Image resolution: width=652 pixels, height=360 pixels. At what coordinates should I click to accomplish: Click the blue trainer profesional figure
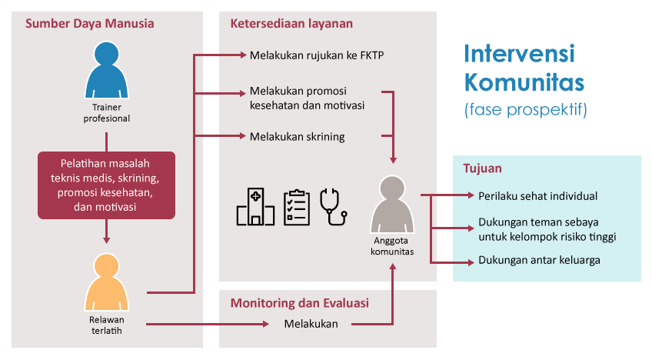(106, 70)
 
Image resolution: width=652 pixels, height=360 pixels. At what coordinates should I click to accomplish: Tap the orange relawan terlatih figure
(106, 282)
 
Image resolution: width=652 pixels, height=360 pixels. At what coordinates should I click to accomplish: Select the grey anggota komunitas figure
(392, 204)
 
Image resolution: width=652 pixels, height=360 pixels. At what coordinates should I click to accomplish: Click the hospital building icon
(255, 206)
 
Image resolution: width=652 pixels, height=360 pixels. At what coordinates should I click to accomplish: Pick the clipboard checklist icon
(297, 207)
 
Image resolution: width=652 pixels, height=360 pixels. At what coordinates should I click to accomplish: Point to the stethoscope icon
(333, 207)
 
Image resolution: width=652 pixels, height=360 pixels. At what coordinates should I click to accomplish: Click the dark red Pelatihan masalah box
(106, 185)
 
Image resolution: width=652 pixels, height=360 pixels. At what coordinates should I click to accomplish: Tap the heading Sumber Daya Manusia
(90, 23)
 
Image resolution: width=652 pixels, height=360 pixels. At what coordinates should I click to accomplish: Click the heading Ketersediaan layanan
(291, 23)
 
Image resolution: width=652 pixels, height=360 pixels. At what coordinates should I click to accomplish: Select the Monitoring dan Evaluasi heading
(300, 302)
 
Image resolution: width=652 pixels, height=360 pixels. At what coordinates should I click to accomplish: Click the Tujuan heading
(482, 168)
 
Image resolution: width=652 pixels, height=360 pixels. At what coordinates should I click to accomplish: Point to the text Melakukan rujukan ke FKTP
(317, 55)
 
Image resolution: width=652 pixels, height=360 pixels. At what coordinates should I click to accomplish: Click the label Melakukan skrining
(298, 136)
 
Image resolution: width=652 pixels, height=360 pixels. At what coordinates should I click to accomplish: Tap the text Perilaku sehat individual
(537, 196)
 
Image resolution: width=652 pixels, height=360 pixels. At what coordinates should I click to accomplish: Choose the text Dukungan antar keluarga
(539, 260)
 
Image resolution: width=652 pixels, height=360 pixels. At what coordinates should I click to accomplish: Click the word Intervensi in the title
(519, 54)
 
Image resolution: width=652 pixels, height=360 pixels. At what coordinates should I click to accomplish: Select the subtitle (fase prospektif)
(526, 109)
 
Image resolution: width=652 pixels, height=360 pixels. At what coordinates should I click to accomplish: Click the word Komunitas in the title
(524, 82)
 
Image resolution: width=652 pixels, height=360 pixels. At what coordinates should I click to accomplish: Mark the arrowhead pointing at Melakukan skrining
(243, 135)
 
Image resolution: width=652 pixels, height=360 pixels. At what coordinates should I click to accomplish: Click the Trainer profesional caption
(106, 113)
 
